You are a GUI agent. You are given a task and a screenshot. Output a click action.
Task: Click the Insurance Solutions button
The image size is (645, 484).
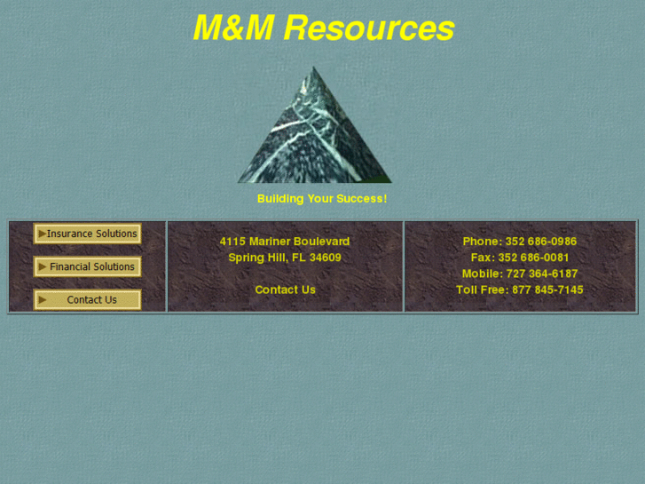coord(88,234)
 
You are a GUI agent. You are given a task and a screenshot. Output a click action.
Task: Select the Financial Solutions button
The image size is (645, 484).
coord(88,266)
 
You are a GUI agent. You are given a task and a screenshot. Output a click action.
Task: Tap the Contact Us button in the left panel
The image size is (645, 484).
coord(88,299)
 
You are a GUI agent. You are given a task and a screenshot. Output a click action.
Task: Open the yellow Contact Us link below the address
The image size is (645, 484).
coord(285,290)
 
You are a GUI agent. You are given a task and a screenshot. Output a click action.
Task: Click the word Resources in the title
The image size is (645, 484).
coord(369,28)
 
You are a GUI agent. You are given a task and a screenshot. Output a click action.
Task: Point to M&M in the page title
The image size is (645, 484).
coord(233,28)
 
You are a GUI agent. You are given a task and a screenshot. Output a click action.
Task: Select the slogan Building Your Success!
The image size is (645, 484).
coord(322,199)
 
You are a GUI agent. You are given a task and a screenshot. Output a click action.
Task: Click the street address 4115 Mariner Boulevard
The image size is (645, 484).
coord(285,242)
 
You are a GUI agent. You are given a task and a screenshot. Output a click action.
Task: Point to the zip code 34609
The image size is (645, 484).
coord(326,258)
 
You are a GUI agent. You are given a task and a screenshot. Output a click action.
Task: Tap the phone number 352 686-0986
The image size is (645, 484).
coord(541,242)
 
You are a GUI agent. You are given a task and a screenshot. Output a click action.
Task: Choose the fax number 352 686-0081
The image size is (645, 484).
coord(533,258)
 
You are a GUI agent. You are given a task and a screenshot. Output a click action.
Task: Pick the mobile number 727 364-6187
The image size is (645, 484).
coord(542,274)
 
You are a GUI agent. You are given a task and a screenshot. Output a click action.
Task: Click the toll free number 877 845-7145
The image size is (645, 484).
coord(547,290)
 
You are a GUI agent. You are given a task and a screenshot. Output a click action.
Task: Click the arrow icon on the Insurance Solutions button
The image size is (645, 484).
coord(42,234)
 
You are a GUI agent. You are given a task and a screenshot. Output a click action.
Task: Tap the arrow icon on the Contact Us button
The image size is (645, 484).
coord(42,299)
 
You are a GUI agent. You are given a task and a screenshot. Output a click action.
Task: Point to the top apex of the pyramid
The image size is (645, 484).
coord(313,68)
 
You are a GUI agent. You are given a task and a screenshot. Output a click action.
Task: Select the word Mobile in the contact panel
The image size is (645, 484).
coord(482,274)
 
